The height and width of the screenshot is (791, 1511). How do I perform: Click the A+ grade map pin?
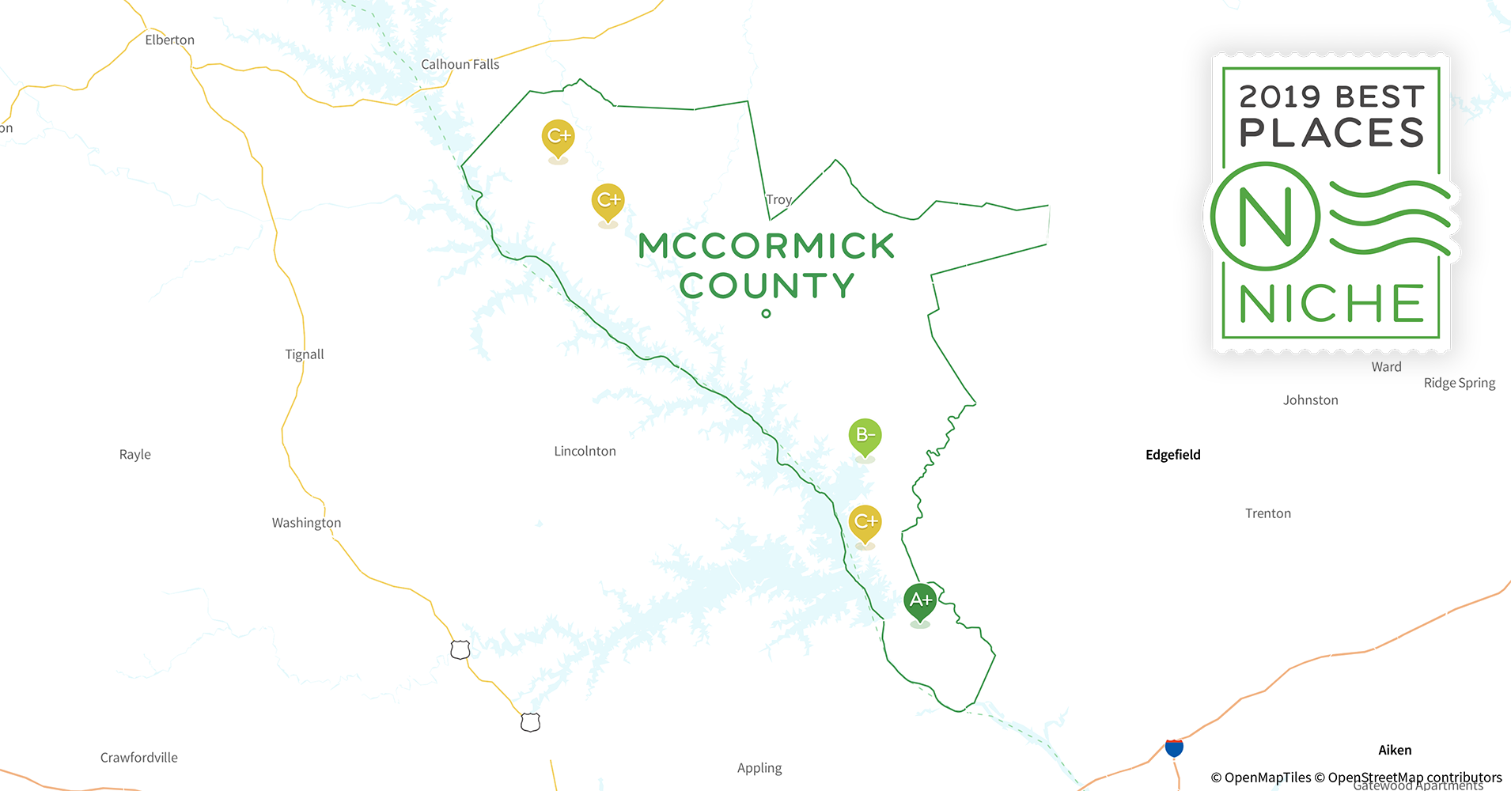pyautogui.click(x=920, y=601)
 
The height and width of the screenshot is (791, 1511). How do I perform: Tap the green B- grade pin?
pyautogui.click(x=865, y=435)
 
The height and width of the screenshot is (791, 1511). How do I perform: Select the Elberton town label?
pyautogui.click(x=169, y=40)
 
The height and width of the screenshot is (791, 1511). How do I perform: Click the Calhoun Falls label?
pyautogui.click(x=460, y=65)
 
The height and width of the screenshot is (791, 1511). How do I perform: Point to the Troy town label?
pyautogui.click(x=778, y=199)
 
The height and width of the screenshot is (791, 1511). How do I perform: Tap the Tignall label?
pyautogui.click(x=305, y=354)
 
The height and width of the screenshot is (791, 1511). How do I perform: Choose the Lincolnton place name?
pyautogui.click(x=585, y=451)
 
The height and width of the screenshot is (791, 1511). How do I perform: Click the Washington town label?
pyautogui.click(x=306, y=523)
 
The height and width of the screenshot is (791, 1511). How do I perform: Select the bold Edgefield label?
pyautogui.click(x=1172, y=455)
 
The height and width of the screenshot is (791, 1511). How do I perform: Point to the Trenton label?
pyautogui.click(x=1267, y=513)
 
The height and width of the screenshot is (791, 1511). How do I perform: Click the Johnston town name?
pyautogui.click(x=1310, y=400)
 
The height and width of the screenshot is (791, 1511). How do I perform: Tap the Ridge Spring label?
pyautogui.click(x=1459, y=383)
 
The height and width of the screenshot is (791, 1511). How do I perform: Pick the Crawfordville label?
pyautogui.click(x=139, y=758)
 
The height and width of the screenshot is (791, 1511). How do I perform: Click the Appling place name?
pyautogui.click(x=759, y=768)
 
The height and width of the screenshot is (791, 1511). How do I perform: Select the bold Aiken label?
pyautogui.click(x=1395, y=751)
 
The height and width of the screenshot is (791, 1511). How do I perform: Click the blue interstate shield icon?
pyautogui.click(x=1174, y=747)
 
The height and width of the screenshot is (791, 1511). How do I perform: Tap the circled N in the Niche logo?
pyautogui.click(x=1264, y=216)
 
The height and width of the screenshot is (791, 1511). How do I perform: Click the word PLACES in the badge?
pyautogui.click(x=1331, y=133)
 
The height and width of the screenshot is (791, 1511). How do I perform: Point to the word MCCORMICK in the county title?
pyautogui.click(x=766, y=246)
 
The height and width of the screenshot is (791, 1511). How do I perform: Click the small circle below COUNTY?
pyautogui.click(x=766, y=314)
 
